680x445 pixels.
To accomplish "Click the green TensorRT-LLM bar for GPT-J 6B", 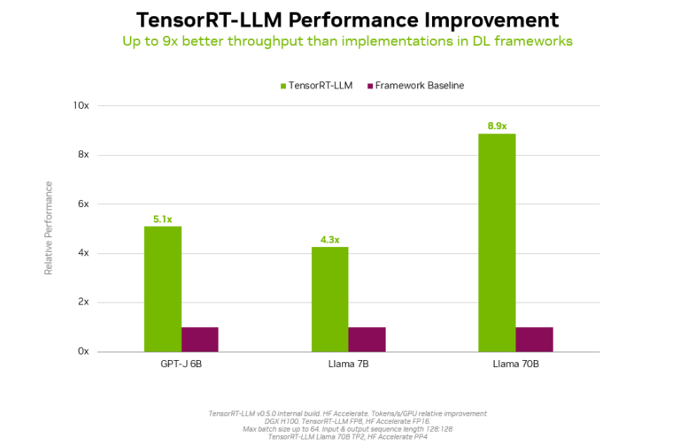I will tap(162, 289).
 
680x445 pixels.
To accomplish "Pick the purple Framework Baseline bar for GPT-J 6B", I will tap(199, 339).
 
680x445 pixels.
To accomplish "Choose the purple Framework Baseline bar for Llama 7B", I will tap(367, 339).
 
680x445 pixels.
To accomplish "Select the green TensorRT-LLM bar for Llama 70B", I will tap(497, 242).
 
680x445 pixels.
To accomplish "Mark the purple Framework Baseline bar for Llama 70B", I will tap(534, 339).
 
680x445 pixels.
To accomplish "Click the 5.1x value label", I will tap(162, 219).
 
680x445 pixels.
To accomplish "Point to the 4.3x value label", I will tap(329, 239).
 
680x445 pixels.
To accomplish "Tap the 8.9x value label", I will tap(497, 126).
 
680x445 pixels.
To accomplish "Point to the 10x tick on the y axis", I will tap(81, 105).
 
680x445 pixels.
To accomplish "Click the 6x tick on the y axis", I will tap(83, 203).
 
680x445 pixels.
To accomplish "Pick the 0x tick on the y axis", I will tap(83, 351).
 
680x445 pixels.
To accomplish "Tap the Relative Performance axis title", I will tap(49, 227).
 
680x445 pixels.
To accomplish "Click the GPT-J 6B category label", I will tap(181, 364).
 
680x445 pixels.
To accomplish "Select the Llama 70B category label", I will tap(515, 364).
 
